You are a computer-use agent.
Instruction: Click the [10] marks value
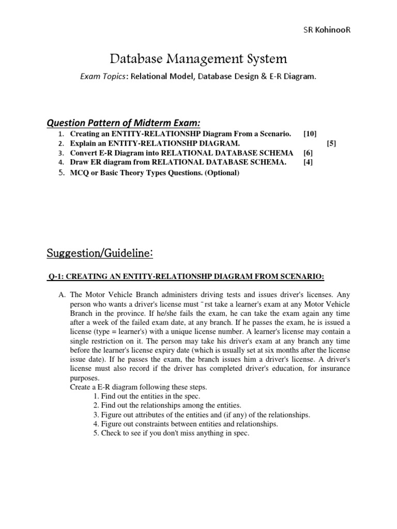[x=310, y=134]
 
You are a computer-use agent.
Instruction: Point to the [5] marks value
[x=331, y=143]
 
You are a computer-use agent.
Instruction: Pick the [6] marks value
[x=309, y=153]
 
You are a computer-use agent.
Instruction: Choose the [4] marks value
[x=309, y=162]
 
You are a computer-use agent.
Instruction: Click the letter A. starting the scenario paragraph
[x=62, y=294]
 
